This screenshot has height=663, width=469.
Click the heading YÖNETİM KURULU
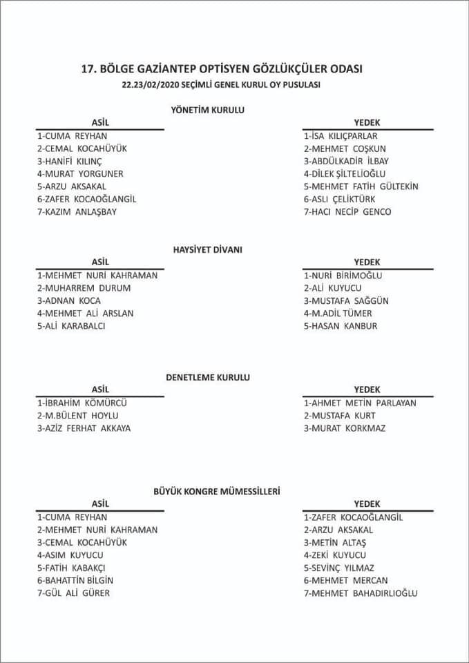click(207, 109)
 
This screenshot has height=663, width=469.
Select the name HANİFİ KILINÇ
click(73, 161)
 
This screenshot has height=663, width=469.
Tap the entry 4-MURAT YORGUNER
click(80, 173)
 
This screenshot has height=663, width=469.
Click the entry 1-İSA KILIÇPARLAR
click(341, 136)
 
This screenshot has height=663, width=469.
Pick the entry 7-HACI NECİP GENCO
click(347, 211)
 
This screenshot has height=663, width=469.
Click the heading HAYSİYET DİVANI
click(207, 249)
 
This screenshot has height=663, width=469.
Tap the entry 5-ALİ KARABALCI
click(71, 326)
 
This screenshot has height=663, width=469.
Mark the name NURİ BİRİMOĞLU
click(347, 275)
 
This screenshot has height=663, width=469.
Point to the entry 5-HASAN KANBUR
click(341, 326)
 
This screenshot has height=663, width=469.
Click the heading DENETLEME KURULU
click(207, 377)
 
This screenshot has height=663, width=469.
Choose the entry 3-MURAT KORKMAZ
click(345, 428)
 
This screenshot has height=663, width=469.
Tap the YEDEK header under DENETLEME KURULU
click(367, 390)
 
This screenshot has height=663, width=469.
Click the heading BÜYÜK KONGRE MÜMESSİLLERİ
click(216, 491)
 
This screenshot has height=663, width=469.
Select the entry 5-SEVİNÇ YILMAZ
click(339, 568)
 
